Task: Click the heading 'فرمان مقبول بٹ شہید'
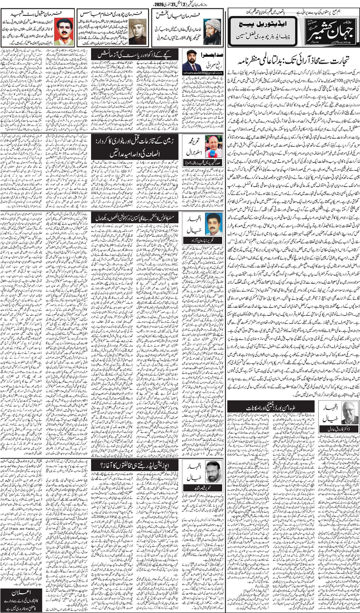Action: pyautogui.click(x=39, y=13)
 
